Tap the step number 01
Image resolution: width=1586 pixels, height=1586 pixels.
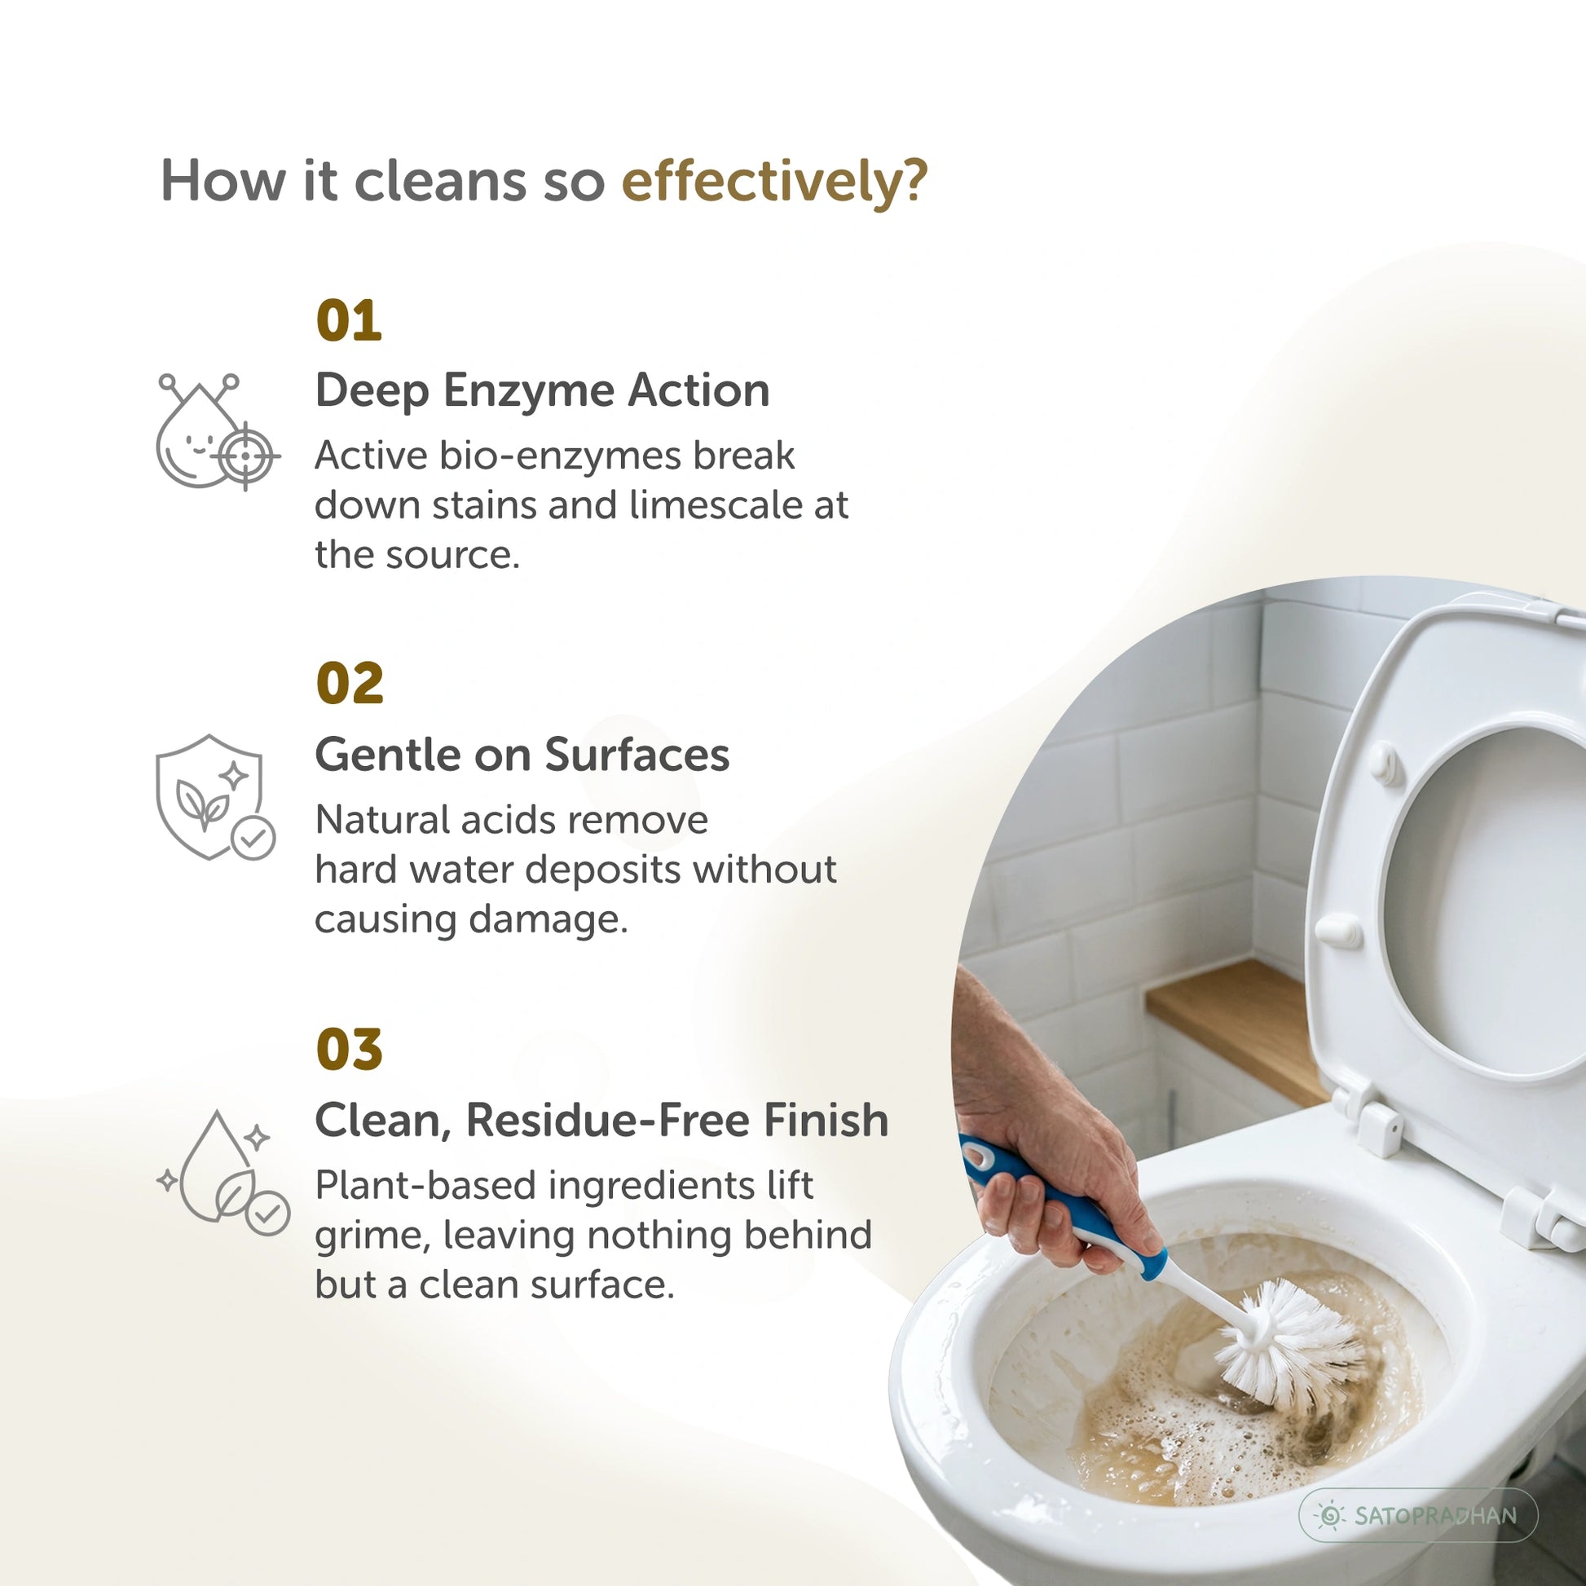349,321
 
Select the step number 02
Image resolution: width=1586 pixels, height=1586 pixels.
350,684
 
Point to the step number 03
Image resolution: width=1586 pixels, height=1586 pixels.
350,1049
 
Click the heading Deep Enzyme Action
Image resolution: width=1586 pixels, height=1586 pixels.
543,390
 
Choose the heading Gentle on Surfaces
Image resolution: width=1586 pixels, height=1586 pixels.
522,755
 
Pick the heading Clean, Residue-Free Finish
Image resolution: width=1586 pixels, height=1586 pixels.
601,1121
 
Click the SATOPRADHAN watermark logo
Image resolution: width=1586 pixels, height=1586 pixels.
1419,1514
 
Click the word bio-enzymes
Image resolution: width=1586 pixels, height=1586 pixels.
560,456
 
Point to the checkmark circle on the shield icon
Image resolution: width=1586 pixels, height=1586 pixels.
253,838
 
